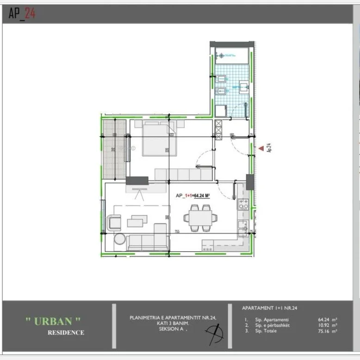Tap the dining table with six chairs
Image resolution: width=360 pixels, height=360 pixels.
(x=200, y=217)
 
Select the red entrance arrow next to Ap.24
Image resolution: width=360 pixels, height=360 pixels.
(x=261, y=149)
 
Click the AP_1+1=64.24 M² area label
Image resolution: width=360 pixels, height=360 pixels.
(x=193, y=196)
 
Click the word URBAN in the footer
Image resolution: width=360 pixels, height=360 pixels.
(x=53, y=321)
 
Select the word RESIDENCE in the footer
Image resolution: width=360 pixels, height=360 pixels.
(x=66, y=332)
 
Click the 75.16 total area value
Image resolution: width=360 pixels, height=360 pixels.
(x=327, y=331)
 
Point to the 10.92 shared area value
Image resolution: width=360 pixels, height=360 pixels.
(x=327, y=325)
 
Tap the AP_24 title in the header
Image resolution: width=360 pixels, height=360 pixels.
(x=22, y=14)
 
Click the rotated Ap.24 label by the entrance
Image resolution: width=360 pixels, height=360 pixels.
(x=268, y=148)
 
